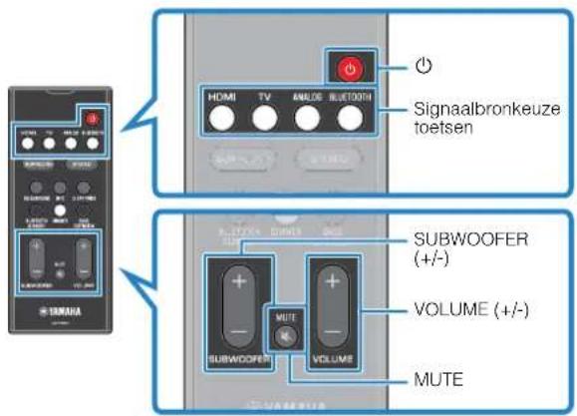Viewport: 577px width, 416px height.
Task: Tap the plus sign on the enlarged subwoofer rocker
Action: click(237, 281)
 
